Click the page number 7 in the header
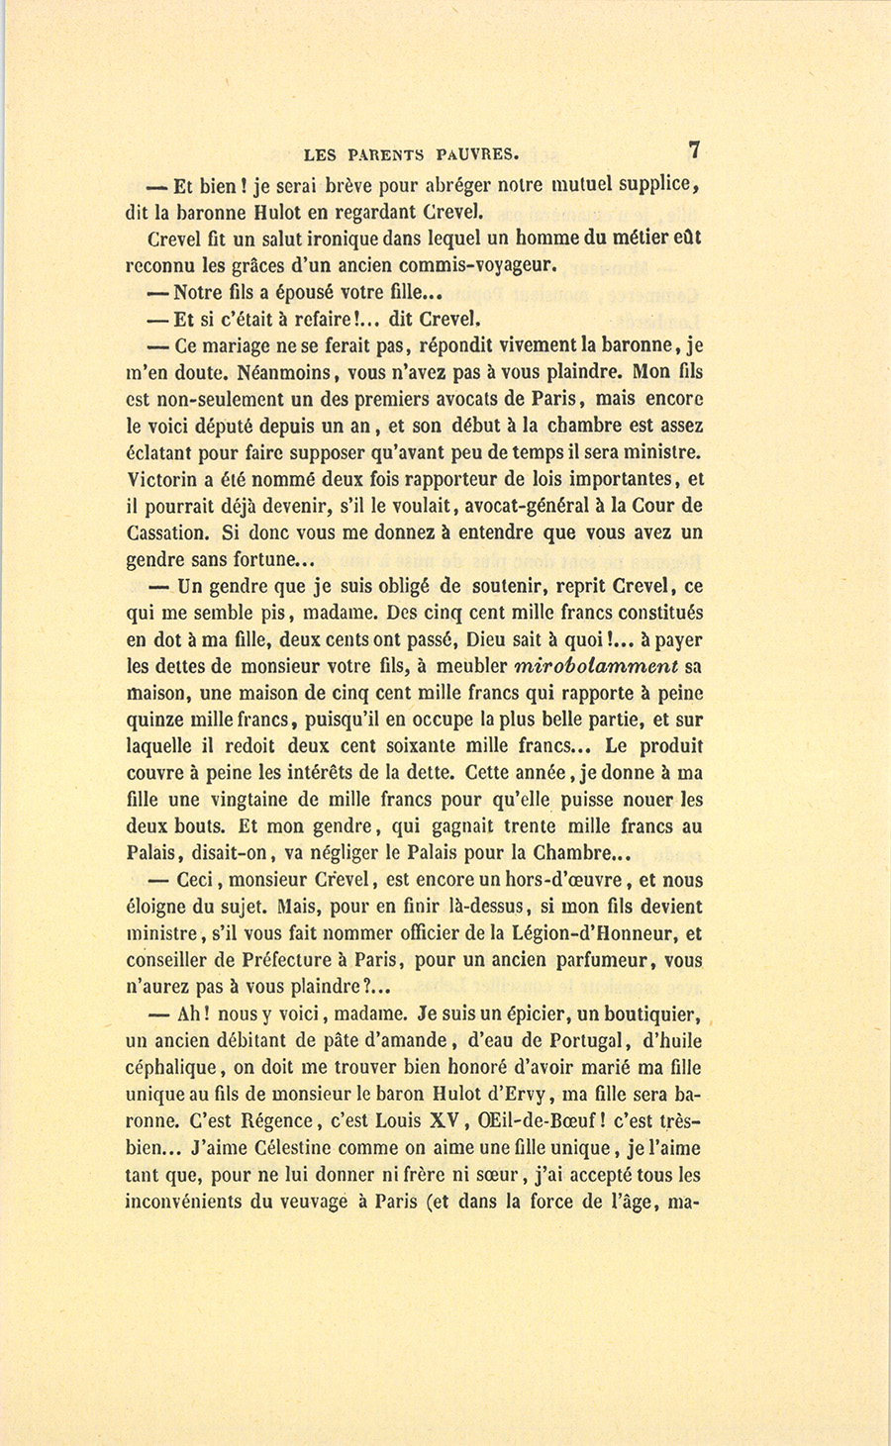pyautogui.click(x=695, y=150)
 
